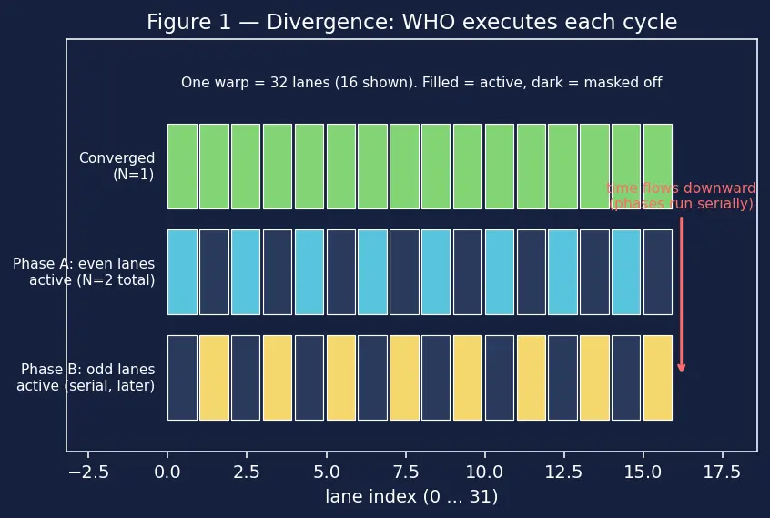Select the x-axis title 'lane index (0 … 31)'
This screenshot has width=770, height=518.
pyautogui.click(x=411, y=496)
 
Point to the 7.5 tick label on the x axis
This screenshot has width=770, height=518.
pyautogui.click(x=406, y=472)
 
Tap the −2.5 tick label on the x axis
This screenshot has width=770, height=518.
pyautogui.click(x=88, y=472)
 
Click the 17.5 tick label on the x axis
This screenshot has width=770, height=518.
pyautogui.click(x=722, y=472)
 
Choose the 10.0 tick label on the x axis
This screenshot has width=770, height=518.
pyautogui.click(x=485, y=472)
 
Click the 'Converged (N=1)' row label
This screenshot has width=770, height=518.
pyautogui.click(x=117, y=166)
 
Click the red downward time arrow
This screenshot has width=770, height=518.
pyautogui.click(x=681, y=295)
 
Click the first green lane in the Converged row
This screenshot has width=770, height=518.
pyautogui.click(x=182, y=167)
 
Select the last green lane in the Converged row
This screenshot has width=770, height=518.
pyautogui.click(x=657, y=167)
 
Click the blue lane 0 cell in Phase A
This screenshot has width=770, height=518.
pyautogui.click(x=182, y=272)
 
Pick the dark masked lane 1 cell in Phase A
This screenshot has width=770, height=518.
pyautogui.click(x=214, y=272)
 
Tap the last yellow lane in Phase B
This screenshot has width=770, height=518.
pyautogui.click(x=657, y=378)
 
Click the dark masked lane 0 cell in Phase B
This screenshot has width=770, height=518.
pyautogui.click(x=182, y=378)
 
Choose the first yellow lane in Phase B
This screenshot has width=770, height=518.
pyautogui.click(x=214, y=378)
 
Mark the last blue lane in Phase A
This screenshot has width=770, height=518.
pyautogui.click(x=626, y=272)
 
